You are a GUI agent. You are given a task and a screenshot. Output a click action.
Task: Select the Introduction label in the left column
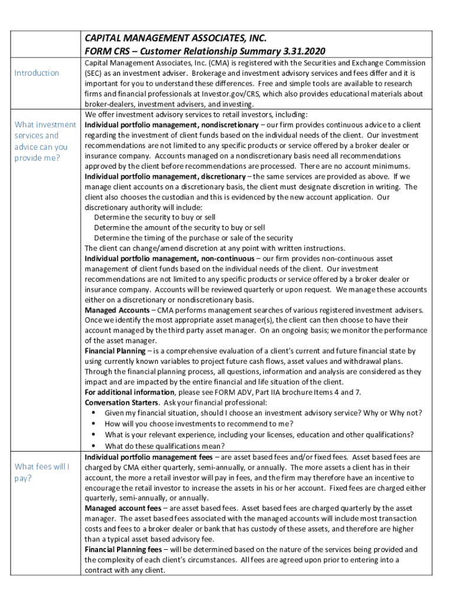(x=37, y=73)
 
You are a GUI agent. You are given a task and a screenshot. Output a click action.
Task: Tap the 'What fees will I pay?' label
(x=41, y=472)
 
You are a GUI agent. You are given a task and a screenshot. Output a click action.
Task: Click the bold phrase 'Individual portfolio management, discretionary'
(x=165, y=176)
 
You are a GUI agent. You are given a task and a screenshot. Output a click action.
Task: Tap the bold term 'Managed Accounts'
(x=116, y=310)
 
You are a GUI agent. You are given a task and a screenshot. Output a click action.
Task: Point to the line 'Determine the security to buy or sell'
(x=155, y=217)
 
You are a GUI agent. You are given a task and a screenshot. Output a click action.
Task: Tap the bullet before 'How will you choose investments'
(x=94, y=424)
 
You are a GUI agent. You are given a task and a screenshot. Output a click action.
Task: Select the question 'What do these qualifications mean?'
(x=165, y=446)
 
